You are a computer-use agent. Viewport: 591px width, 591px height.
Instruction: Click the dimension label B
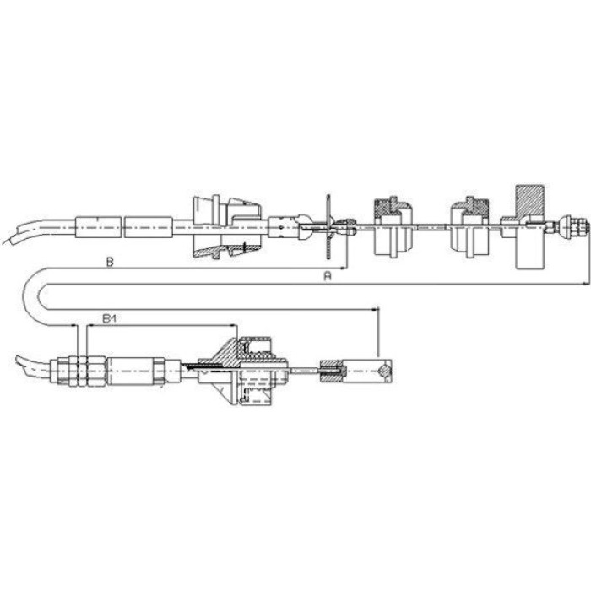tap(110, 262)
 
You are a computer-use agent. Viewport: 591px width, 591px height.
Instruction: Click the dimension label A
tap(328, 276)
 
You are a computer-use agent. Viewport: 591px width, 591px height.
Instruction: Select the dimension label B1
tap(109, 319)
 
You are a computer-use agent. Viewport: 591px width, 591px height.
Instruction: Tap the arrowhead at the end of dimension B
tap(343, 268)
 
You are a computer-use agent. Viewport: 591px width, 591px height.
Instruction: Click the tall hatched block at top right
tap(529, 200)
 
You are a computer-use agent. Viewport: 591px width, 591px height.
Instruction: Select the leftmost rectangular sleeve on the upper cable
tap(98, 227)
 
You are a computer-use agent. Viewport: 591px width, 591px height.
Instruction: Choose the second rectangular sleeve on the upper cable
tap(149, 227)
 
